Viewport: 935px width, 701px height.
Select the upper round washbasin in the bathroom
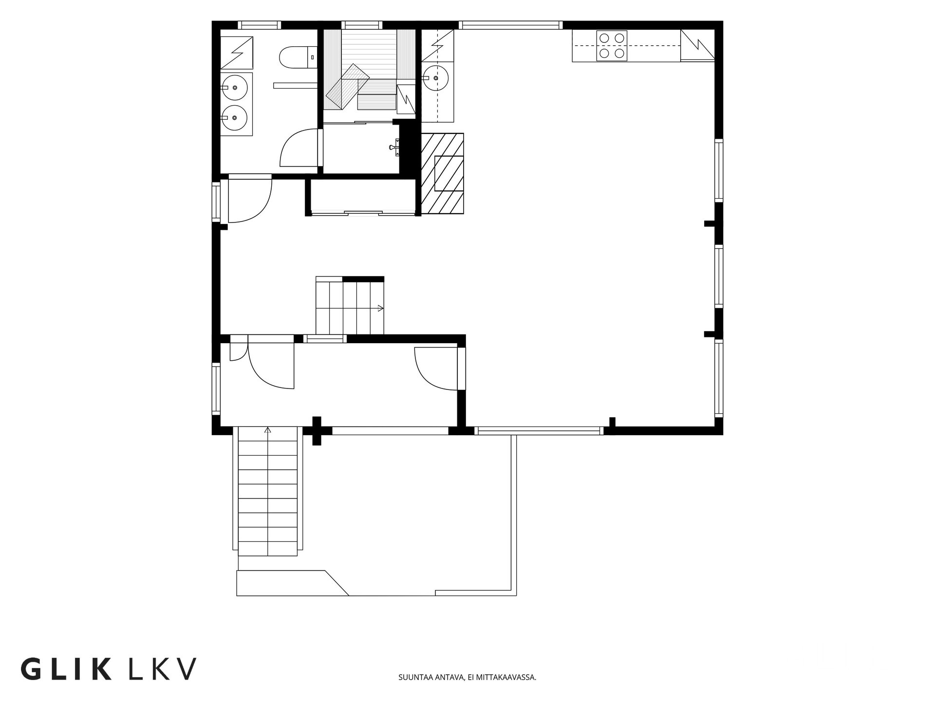(x=234, y=88)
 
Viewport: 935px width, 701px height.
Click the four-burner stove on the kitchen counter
(x=612, y=45)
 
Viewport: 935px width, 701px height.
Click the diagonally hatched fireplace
(x=442, y=173)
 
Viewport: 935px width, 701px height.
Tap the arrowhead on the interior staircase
(x=381, y=308)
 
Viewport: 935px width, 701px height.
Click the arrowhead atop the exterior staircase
(x=267, y=430)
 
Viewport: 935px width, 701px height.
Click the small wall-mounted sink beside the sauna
(x=395, y=147)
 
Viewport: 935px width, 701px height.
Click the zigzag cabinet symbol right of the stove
(x=697, y=45)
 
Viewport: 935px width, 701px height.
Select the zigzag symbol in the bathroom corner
(x=237, y=53)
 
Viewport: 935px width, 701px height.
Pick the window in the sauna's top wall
(x=361, y=25)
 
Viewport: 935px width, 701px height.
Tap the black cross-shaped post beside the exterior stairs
(x=317, y=431)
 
